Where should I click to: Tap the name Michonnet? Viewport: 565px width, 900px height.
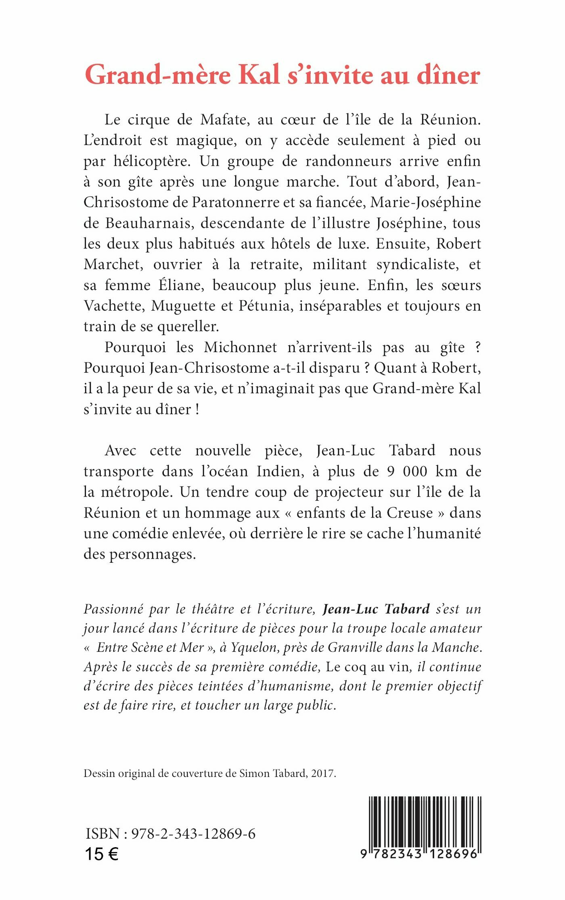point(241,347)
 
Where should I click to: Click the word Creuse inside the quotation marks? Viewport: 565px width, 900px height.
point(410,513)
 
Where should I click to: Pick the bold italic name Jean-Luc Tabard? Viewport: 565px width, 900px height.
point(376,609)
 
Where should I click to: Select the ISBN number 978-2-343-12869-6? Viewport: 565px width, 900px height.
point(193,833)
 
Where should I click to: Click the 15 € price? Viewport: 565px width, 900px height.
point(102,854)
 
